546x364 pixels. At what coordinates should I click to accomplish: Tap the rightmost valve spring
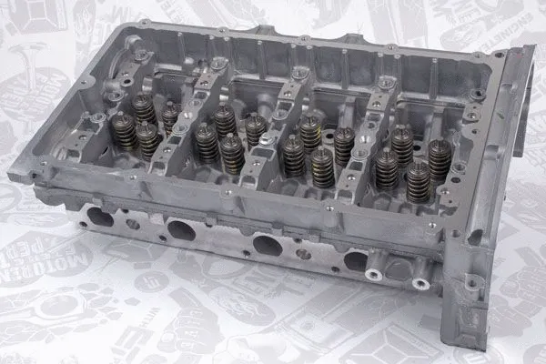[x=440, y=160]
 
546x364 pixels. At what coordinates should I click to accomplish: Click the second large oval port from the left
[x=181, y=231]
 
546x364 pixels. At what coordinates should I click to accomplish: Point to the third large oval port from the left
[x=267, y=245]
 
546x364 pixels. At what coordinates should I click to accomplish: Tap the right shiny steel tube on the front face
[x=420, y=283]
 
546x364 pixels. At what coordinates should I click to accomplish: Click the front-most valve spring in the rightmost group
[x=418, y=180]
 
